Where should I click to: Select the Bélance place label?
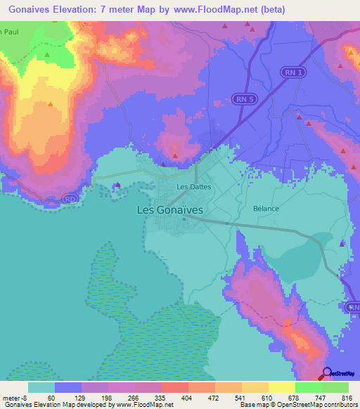pos(266,209)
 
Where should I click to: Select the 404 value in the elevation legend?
pos(186,397)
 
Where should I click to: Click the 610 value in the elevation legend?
pos(266,397)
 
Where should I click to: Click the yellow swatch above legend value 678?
pos(282,387)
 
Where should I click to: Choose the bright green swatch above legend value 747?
pos(309,387)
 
